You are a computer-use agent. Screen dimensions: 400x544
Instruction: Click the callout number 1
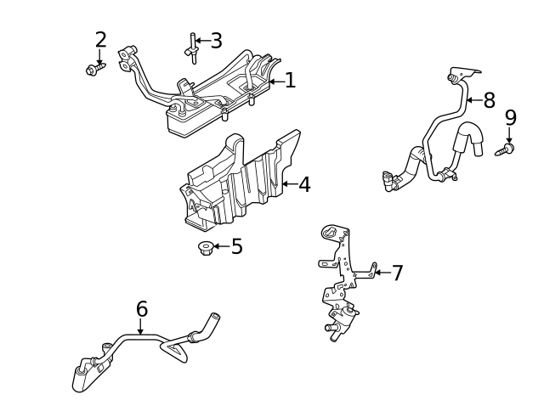290,81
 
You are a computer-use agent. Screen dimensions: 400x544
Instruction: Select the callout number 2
100,40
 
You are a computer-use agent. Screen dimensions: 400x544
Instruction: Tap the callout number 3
216,40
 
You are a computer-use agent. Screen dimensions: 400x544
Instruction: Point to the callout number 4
303,183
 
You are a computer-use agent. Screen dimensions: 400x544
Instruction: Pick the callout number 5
236,247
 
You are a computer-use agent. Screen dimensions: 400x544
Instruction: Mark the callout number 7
396,273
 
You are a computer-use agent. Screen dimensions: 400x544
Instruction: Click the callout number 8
489,101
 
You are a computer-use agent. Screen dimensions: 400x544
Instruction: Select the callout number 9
510,117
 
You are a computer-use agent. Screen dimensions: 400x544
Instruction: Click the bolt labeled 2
93,69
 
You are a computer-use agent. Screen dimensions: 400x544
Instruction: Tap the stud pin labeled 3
193,49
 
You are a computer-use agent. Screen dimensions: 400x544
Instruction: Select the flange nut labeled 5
205,248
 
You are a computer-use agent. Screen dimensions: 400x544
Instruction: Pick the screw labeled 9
507,150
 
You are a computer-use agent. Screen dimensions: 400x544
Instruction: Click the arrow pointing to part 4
288,183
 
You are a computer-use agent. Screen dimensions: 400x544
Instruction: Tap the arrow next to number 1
275,82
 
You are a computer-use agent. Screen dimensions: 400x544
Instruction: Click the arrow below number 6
141,328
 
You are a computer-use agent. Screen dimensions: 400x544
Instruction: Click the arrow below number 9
510,135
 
